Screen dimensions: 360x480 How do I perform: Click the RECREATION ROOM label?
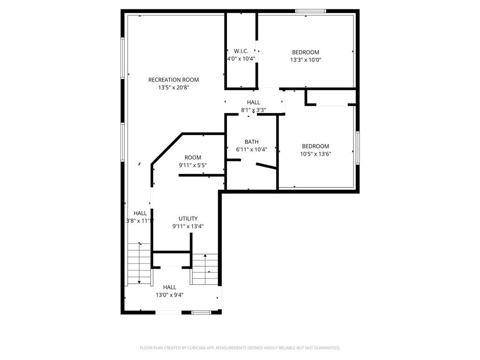173,80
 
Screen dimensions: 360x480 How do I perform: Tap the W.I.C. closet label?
241,51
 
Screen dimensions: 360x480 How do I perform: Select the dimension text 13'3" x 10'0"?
306,60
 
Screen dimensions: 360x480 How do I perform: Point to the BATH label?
251,142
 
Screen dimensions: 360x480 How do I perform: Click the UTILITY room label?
188,218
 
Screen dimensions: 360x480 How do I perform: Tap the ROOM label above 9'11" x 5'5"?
193,157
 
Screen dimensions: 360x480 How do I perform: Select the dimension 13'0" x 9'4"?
170,295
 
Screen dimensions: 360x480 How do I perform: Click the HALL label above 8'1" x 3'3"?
254,103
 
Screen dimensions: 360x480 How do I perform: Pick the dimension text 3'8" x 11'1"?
140,220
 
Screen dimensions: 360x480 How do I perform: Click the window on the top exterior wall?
310,11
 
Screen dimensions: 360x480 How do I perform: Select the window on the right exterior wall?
358,148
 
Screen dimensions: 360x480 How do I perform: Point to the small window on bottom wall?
201,312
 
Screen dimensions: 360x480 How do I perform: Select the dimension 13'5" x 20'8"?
173,87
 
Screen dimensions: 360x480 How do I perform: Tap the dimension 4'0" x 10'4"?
241,59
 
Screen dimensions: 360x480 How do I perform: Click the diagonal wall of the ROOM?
166,149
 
